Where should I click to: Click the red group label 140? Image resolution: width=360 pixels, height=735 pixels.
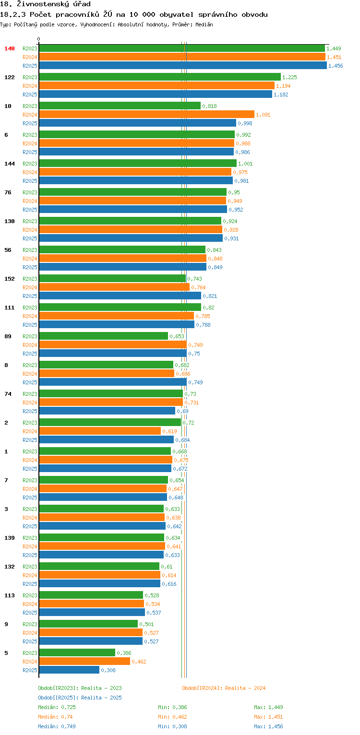[10, 48]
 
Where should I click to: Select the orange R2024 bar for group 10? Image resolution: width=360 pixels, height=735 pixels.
[147, 115]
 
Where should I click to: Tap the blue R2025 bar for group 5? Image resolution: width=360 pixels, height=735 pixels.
[69, 670]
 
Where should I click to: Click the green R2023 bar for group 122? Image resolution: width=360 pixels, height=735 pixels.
[160, 77]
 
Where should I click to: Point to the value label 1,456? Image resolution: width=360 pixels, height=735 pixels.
[336, 66]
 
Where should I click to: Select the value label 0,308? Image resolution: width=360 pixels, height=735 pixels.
[108, 670]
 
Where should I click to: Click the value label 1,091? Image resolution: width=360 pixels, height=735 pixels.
[263, 115]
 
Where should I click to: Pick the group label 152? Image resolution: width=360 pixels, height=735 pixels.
[10, 279]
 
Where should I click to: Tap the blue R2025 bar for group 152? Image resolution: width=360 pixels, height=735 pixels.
[120, 296]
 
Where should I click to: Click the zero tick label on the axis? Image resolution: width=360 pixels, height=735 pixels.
[39, 39]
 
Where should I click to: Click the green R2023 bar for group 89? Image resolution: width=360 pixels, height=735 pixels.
[104, 336]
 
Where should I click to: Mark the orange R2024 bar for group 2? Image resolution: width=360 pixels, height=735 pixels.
[100, 431]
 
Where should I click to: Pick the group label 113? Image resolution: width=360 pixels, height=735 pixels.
[10, 595]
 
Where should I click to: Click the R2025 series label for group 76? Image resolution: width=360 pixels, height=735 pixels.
[30, 210]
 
